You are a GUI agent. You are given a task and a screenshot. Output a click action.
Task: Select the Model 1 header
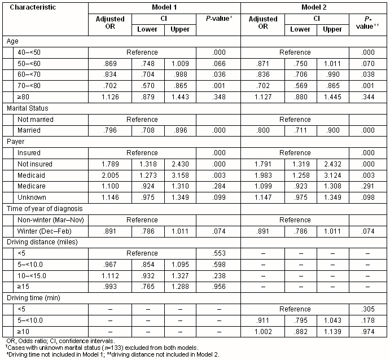[167, 8]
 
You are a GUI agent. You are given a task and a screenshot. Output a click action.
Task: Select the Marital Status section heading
[31, 108]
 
